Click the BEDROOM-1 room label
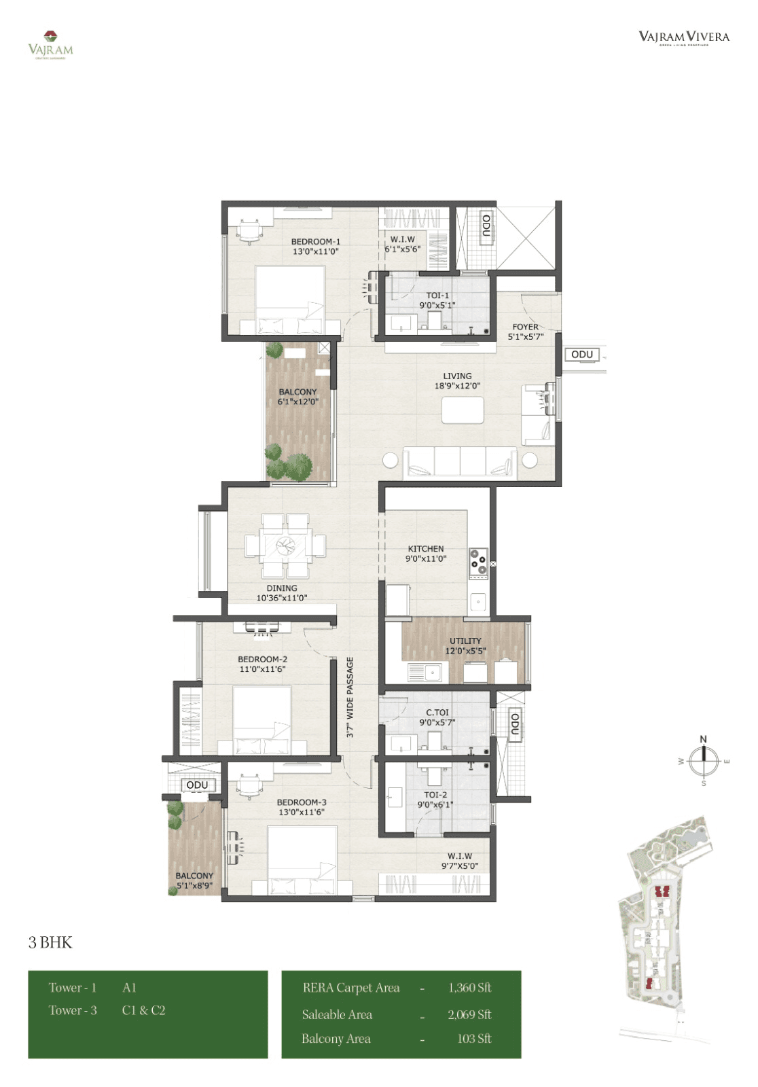315,246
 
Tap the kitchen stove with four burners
478,564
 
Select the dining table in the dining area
285,546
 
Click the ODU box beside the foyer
581,355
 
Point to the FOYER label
525,332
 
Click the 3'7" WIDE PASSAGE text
350,697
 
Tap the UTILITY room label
465,645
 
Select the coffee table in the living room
463,410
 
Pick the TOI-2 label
435,799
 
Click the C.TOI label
437,717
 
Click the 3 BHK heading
50,942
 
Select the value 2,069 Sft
469,1014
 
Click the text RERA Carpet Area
351,988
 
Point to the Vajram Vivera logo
683,37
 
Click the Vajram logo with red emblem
50,45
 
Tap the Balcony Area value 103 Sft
474,1038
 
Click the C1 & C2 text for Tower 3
143,1010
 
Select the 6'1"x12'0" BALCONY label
297,397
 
